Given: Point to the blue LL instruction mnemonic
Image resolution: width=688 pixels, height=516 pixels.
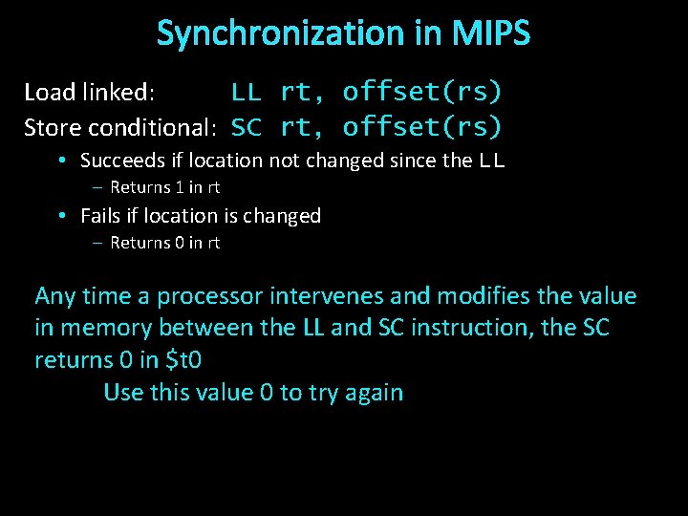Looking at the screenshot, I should (x=247, y=93).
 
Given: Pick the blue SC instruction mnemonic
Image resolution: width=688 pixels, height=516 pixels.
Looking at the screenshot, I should (x=247, y=127).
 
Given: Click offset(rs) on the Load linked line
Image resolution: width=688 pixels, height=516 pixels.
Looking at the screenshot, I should (x=422, y=93).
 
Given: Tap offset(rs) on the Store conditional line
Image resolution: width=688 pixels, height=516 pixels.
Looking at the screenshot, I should (x=422, y=127).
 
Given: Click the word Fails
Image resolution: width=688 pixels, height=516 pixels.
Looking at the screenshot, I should (x=98, y=216).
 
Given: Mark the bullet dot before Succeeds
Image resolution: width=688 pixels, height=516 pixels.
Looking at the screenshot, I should (x=60, y=161).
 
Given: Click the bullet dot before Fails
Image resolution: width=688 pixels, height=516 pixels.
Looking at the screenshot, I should (x=60, y=216).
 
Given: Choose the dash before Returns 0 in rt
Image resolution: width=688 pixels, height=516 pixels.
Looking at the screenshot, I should (x=98, y=244).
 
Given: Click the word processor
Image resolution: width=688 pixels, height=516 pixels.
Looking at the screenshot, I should (x=209, y=297).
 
